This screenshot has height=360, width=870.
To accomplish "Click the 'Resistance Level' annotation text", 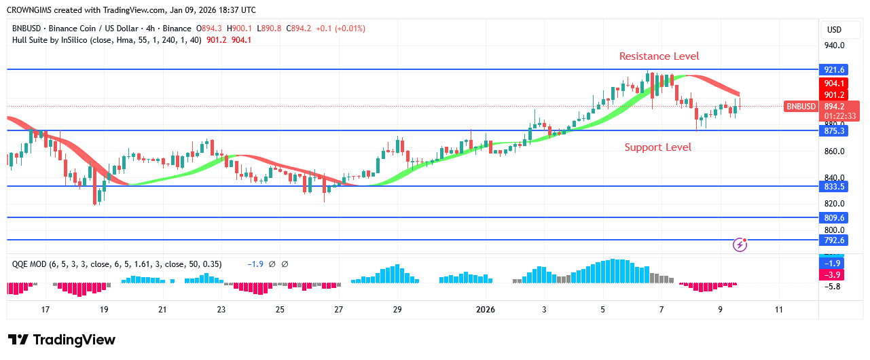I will coord(658,56).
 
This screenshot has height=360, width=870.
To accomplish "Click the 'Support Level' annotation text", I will coord(657,147).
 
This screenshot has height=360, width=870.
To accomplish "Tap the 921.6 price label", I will coord(834,70).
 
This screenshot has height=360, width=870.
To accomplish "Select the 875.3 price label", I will coord(834,130).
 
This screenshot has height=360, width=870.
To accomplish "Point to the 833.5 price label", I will coord(834,186).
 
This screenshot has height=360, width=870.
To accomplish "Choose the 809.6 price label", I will coord(834,218).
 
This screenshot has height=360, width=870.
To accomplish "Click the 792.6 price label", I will coord(834,240).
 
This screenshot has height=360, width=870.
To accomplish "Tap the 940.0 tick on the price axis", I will coord(833,46).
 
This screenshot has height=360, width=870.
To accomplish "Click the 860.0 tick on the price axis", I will coord(833,151).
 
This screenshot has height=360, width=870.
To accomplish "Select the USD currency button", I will coord(833,30).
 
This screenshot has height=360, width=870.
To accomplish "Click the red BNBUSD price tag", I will coord(801,107).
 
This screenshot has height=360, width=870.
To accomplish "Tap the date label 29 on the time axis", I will coord(397,310).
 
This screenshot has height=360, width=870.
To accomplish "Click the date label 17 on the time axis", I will coord(46,310).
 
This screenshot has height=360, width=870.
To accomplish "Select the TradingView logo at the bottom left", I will coord(62,340).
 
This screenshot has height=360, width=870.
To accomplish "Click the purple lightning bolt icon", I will coord(740,245).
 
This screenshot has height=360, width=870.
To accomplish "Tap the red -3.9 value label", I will coord(834,274).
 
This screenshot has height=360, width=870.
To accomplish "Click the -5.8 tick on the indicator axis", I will coord(833,287).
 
